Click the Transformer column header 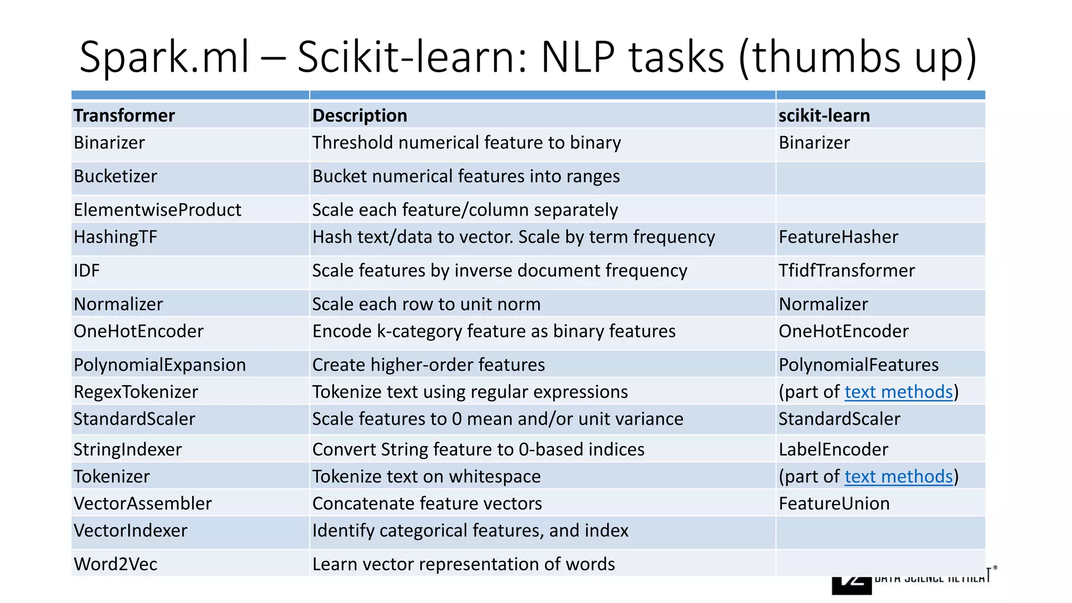point(124,116)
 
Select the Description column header point(360,116)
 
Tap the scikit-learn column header point(824,116)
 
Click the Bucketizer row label point(115,176)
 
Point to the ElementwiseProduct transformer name point(157,210)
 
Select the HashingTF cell point(115,237)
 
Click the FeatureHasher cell point(838,237)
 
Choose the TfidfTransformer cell point(846,271)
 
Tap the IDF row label point(86,271)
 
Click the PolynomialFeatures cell point(858,365)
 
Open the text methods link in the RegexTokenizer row point(898,392)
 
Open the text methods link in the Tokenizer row point(898,477)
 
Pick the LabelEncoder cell point(833,450)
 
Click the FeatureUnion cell point(834,504)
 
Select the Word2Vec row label point(115,564)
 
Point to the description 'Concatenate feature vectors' point(427,504)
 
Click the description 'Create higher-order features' point(429,365)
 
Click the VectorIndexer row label point(130,531)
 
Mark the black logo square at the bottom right point(851,586)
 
